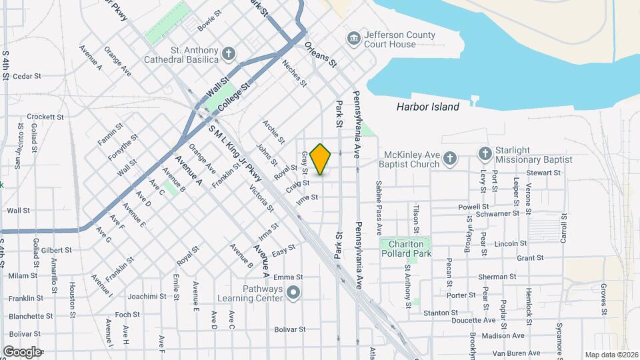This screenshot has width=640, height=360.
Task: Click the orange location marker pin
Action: tap(321, 159)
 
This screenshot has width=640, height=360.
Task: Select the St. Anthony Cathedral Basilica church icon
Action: tap(229, 53)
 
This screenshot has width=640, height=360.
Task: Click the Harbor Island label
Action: tap(427, 107)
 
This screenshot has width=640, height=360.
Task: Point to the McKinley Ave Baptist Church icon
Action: tap(450, 158)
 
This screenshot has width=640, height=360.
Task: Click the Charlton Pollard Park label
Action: tap(406, 249)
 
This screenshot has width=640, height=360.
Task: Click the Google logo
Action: tap(22, 351)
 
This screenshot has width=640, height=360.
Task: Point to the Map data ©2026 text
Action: tap(610, 355)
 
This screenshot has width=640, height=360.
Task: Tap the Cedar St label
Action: tap(27, 77)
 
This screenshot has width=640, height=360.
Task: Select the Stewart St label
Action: tap(543, 173)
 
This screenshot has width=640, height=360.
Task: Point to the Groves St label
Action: tap(603, 299)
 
